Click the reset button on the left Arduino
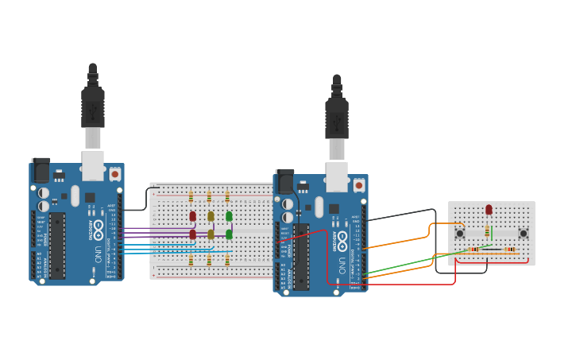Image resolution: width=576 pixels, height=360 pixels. (114, 173)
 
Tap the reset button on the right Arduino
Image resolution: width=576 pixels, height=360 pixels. (358, 185)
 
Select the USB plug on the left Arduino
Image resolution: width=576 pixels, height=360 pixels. (93, 107)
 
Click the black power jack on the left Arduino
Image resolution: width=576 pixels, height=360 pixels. (41, 170)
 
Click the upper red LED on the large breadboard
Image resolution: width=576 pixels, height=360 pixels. (192, 216)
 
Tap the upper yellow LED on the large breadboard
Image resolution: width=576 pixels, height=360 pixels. (211, 216)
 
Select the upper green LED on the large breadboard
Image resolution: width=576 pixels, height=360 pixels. (229, 216)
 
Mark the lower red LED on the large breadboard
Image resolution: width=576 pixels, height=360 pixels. (192, 234)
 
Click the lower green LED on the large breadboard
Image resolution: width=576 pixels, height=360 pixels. (229, 234)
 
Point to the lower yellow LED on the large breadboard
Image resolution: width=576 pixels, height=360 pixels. (211, 234)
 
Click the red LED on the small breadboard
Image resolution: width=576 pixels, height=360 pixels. (489, 210)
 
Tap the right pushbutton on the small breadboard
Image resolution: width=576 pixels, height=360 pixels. (523, 234)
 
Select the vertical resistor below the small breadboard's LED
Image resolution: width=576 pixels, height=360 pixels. (487, 231)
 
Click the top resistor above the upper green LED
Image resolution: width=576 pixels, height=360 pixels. (227, 196)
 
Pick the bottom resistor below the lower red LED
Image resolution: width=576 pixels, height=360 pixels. (191, 260)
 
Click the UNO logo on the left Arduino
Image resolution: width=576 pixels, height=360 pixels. (98, 254)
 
